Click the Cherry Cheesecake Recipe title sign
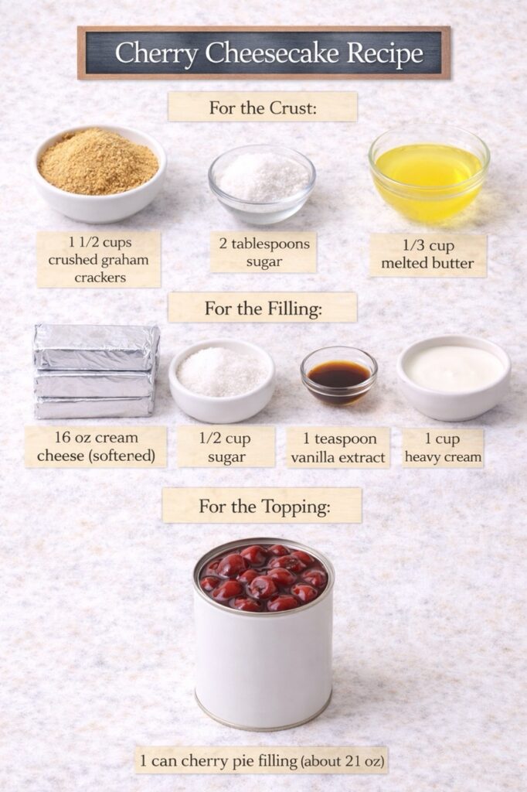point(263,53)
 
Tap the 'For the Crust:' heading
point(263,108)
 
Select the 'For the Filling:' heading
point(262,308)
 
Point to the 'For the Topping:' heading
point(262,506)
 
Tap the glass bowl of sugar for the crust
point(262,183)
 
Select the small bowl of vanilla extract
point(338,375)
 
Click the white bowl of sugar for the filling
point(222,380)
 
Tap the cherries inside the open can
point(263,579)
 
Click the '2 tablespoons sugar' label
point(263,252)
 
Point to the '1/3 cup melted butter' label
point(427,254)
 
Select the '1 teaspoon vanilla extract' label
point(338,448)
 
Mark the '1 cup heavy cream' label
point(443,448)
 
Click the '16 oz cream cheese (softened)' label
point(95,447)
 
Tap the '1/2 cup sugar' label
point(226,448)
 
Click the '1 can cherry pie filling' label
point(261,760)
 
